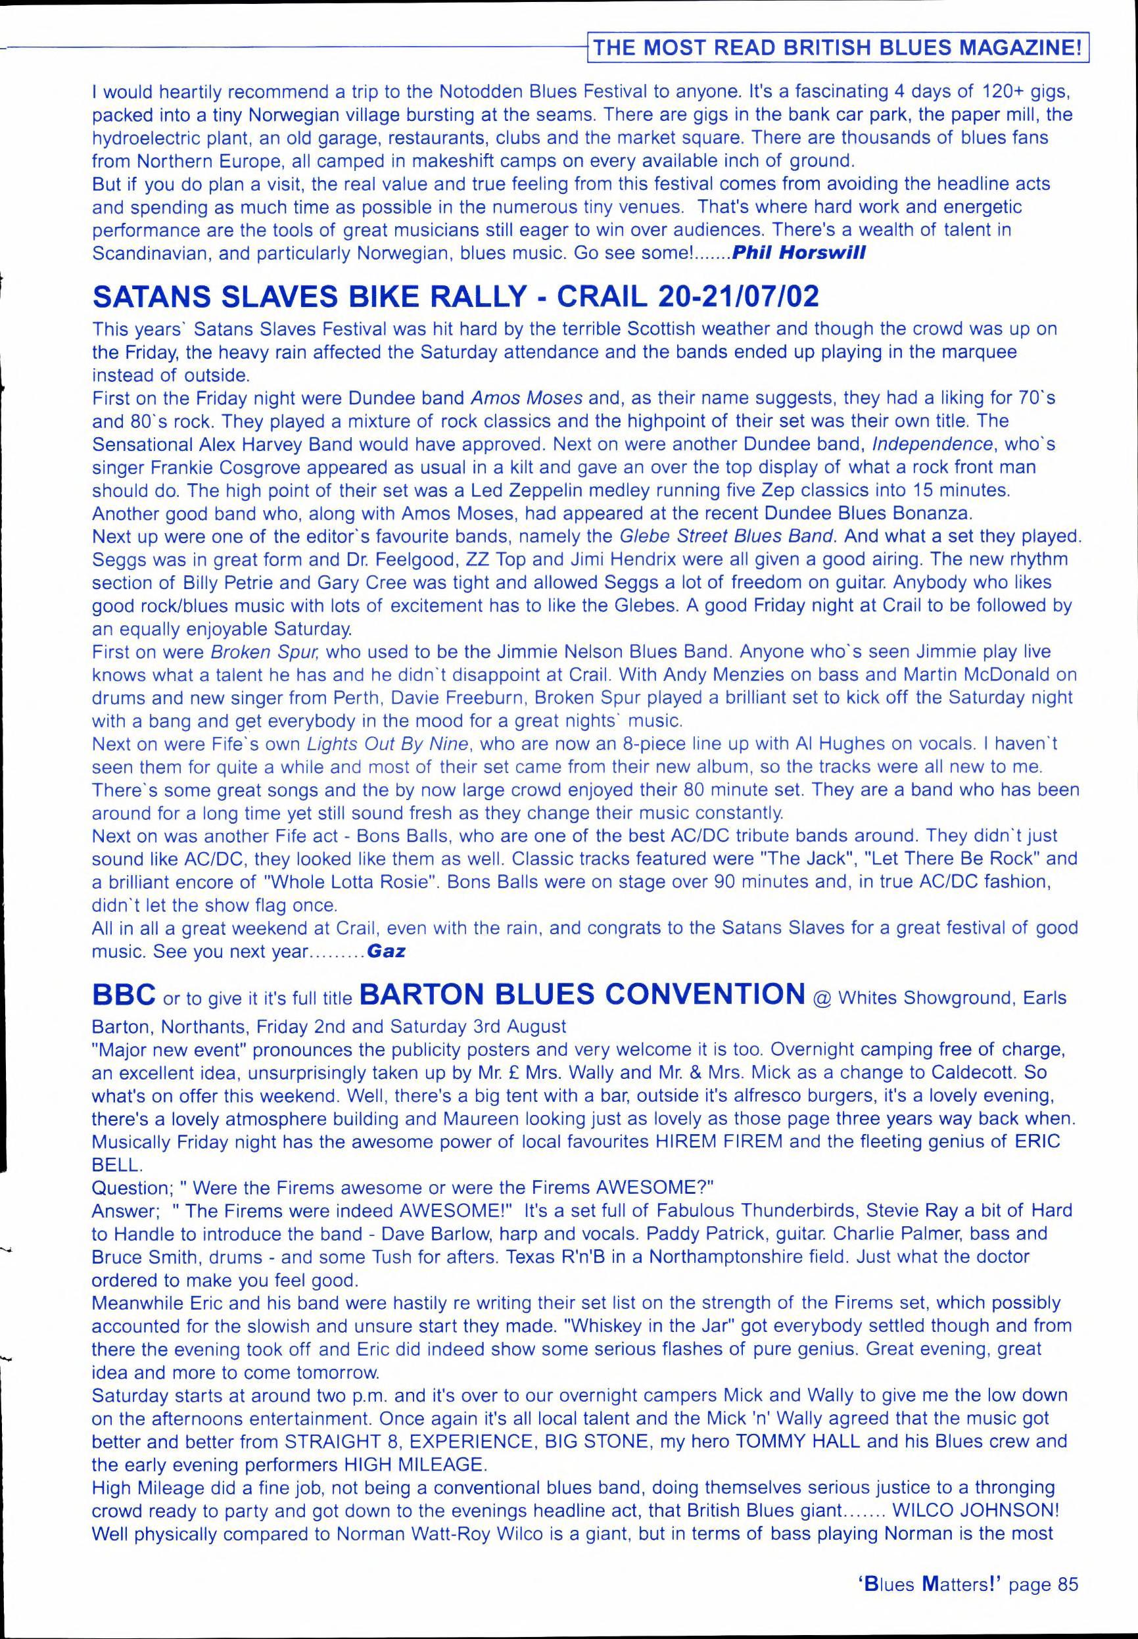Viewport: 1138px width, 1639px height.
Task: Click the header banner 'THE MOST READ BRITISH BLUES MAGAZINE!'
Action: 841,49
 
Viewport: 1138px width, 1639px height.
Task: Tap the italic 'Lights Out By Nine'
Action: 388,744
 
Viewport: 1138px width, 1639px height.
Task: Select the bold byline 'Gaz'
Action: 386,951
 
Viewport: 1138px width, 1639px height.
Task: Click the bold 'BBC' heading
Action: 124,995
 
